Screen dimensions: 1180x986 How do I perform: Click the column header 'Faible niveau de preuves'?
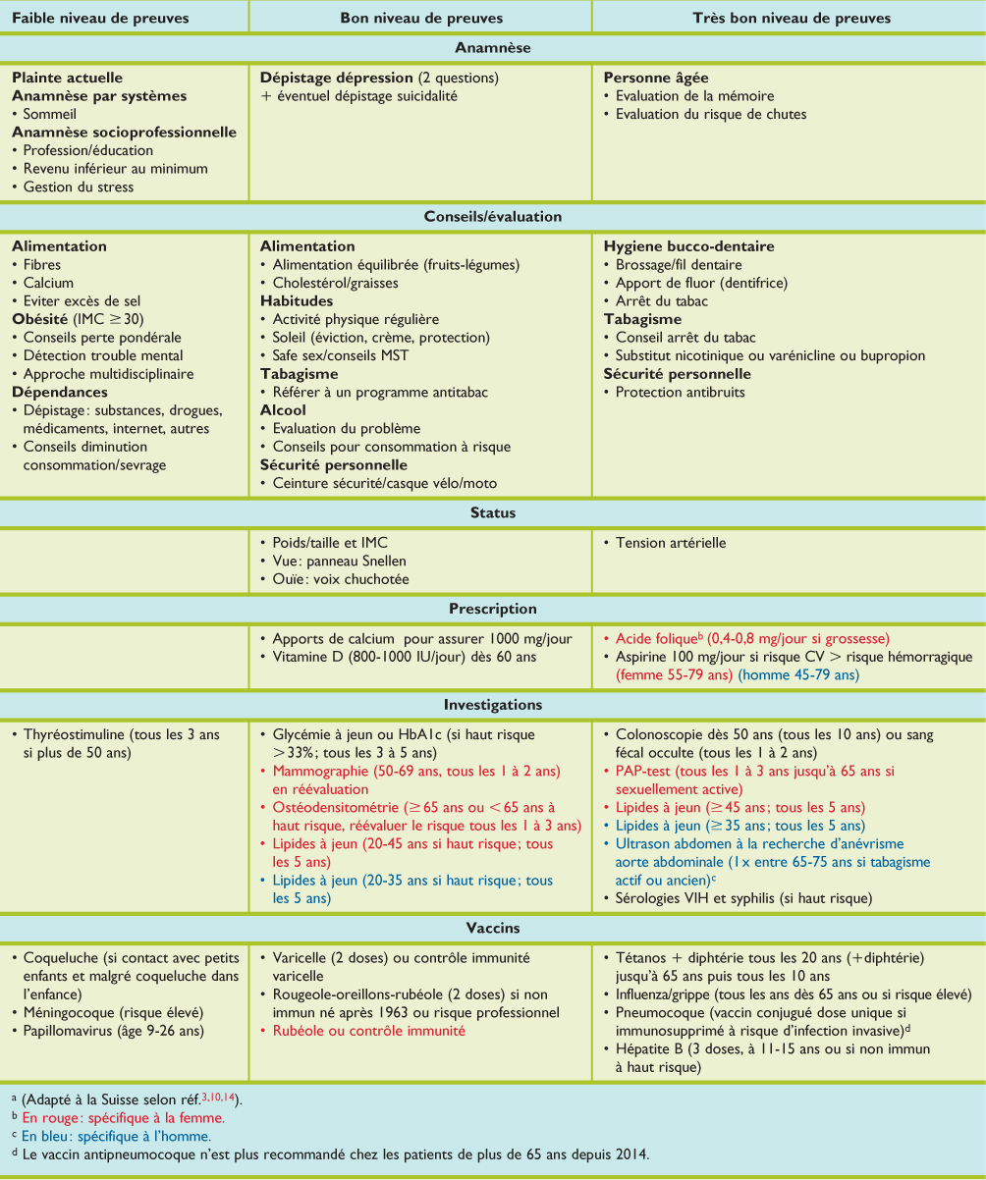pos(100,18)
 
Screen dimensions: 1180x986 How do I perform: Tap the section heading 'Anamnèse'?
pos(493,47)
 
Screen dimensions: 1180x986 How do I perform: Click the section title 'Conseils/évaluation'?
pos(493,217)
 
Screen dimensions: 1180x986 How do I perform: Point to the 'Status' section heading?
pos(493,513)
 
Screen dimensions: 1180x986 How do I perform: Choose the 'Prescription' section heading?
pos(493,610)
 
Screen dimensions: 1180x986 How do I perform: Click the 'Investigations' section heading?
pos(493,705)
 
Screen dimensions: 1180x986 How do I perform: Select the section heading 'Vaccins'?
pos(493,928)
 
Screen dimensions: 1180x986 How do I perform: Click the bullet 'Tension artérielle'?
pos(671,543)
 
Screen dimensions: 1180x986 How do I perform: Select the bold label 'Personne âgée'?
pos(655,78)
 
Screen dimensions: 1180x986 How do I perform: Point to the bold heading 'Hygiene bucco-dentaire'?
pos(688,246)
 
